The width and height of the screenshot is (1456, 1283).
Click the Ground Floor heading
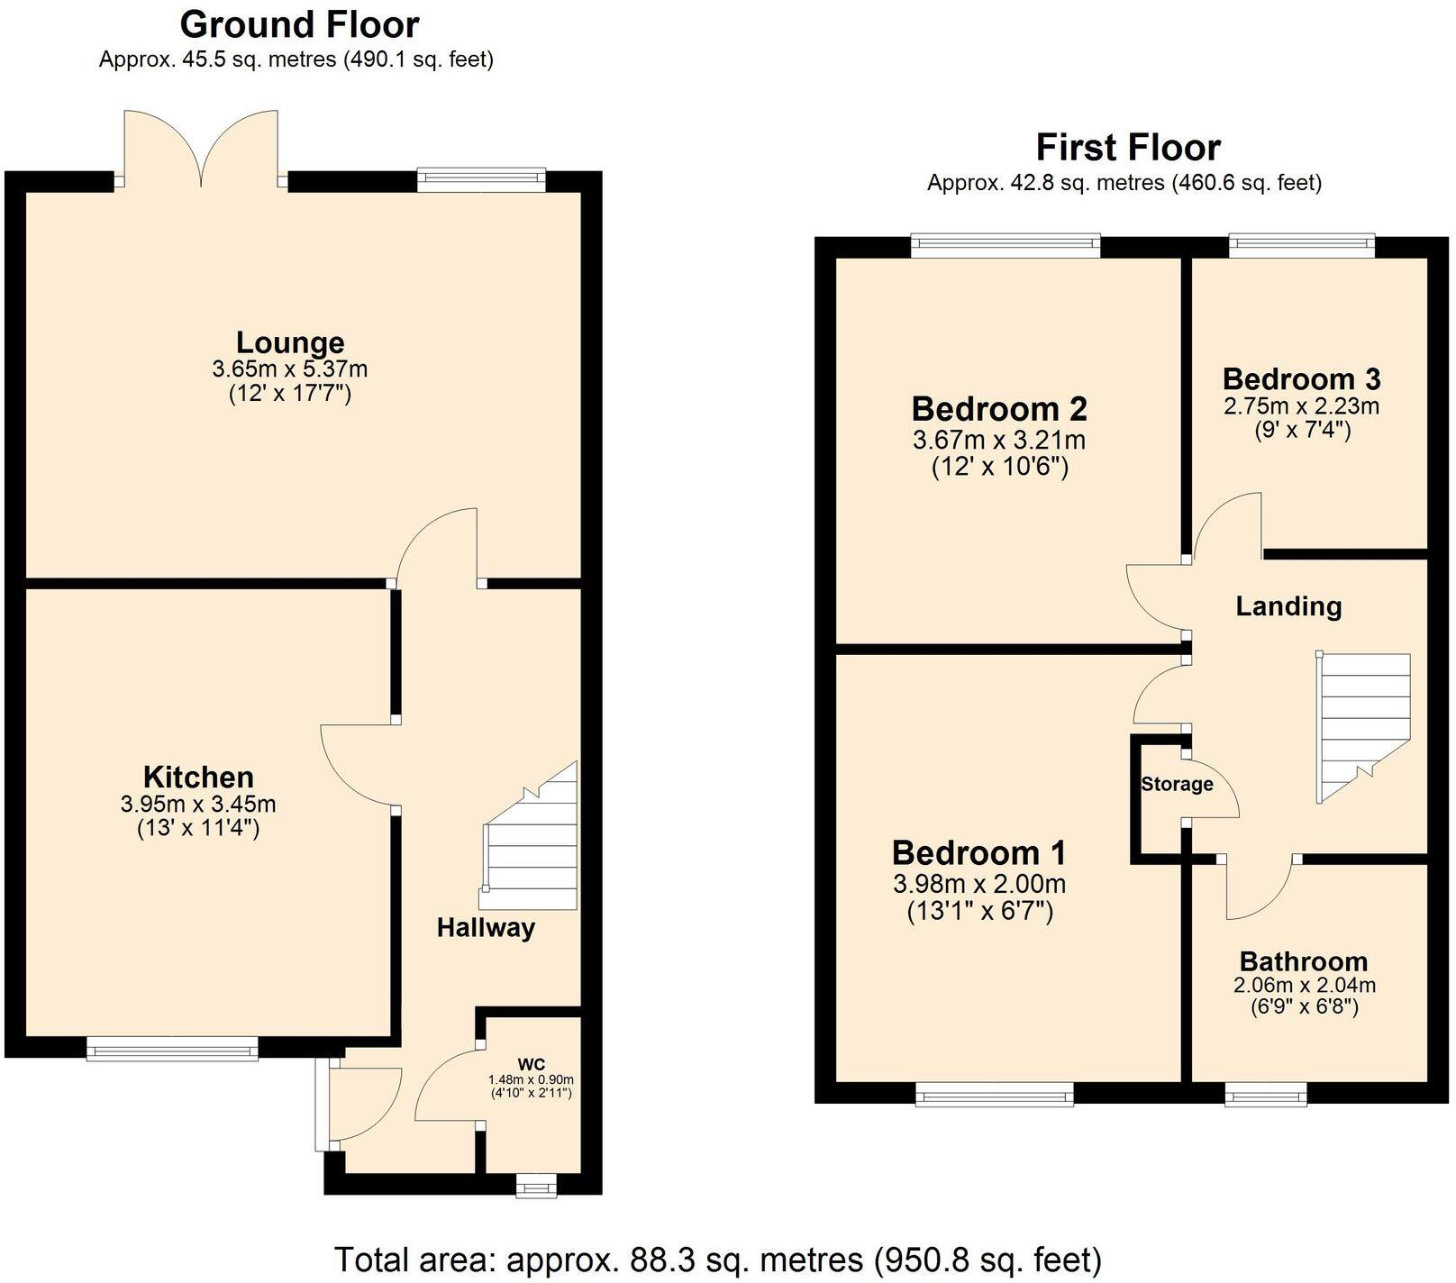coord(299,24)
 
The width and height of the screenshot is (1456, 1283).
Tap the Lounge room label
coord(289,342)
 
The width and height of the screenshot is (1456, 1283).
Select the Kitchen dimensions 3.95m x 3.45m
coord(198,804)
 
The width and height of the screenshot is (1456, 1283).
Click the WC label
coord(531,1063)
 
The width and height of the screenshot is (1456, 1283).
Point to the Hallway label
coord(486,927)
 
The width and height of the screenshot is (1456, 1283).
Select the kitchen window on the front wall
coord(172,1048)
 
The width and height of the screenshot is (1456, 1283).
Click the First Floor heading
coord(1127,147)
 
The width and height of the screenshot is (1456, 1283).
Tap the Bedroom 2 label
coord(999,409)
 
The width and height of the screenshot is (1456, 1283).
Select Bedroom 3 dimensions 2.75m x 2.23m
coord(1301,406)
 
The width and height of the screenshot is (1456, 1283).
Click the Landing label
coord(1288,606)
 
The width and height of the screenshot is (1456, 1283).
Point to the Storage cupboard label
coord(1176,784)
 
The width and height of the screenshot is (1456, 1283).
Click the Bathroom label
coord(1303,961)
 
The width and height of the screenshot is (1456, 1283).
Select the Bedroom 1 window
coord(995,1095)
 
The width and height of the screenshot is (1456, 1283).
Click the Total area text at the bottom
coord(718,1259)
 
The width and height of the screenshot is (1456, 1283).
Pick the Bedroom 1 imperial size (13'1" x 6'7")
coord(979,911)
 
